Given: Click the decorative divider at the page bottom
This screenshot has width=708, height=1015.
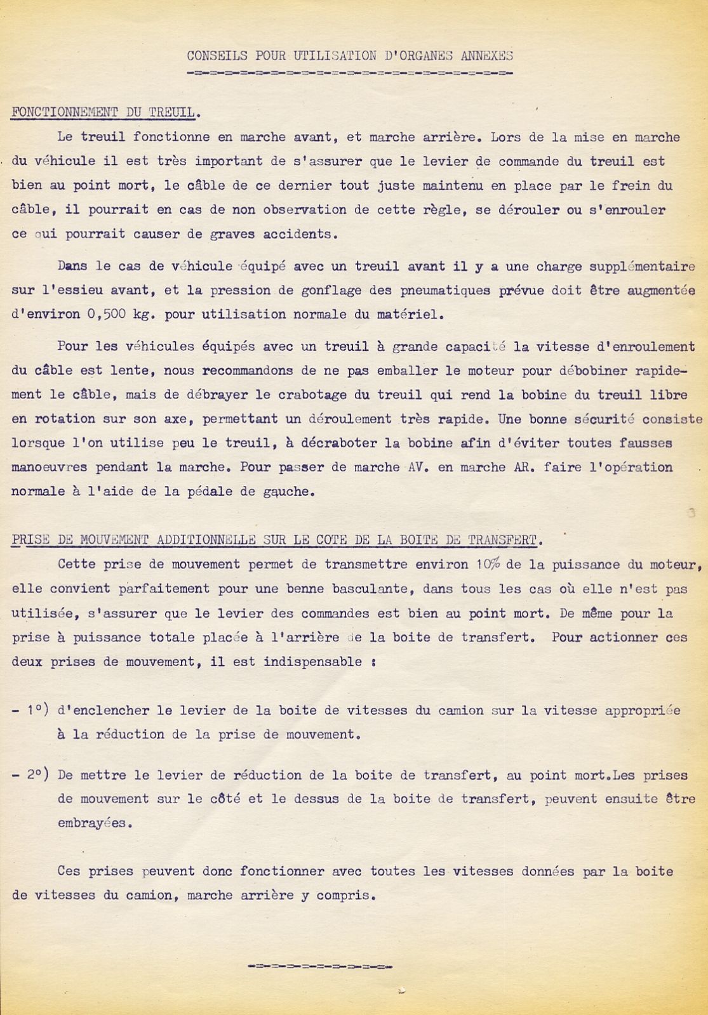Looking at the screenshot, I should coord(321,967).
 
